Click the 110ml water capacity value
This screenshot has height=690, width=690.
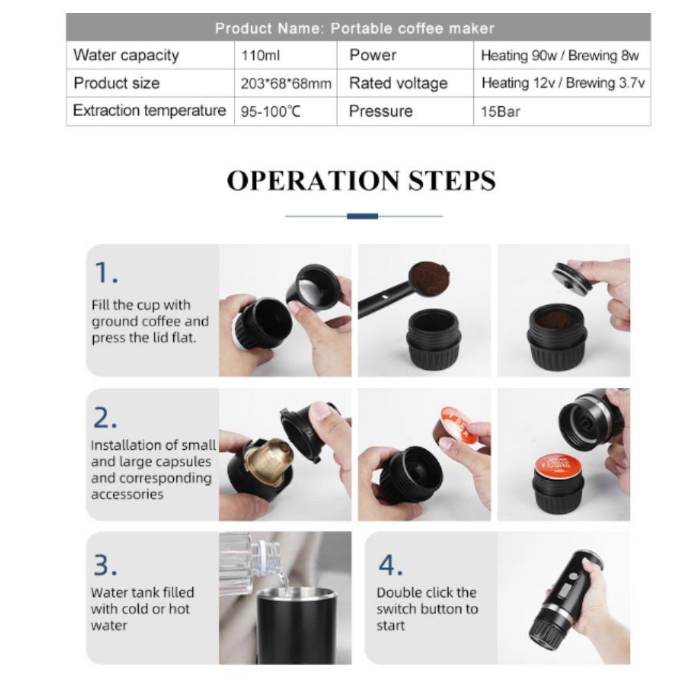click(256, 56)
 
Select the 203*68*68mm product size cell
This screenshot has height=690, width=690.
click(286, 83)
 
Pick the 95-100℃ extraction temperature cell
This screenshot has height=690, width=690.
click(270, 112)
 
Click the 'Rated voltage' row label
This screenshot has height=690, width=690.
click(398, 83)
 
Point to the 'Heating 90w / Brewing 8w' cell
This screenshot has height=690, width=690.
click(560, 56)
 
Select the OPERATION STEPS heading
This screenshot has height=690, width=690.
click(361, 181)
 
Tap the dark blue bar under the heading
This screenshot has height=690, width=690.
click(362, 216)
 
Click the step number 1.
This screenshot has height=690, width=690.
click(105, 273)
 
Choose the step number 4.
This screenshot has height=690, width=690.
click(390, 565)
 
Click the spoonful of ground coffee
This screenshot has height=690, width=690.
click(429, 277)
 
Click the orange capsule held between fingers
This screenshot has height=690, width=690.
click(457, 426)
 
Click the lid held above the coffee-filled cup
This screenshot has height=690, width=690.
click(573, 278)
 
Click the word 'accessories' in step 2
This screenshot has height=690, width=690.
click(127, 494)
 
